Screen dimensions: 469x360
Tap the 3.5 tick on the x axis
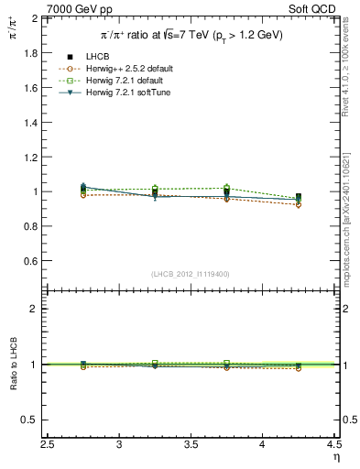point(191,444)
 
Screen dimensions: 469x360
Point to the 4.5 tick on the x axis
point(333,444)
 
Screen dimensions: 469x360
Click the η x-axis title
point(336,456)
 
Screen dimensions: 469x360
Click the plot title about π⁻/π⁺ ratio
point(191,35)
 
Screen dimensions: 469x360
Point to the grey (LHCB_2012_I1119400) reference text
point(191,274)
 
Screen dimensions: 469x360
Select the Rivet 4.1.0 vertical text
point(348,69)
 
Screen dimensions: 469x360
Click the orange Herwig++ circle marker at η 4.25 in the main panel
point(299,204)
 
